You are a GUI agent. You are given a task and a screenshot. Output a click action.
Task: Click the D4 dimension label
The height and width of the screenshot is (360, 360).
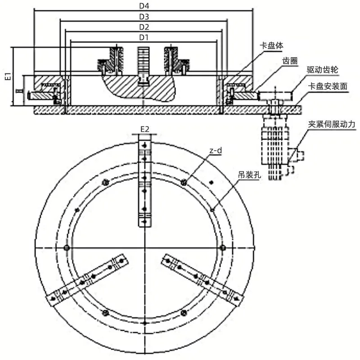(x=144, y=6)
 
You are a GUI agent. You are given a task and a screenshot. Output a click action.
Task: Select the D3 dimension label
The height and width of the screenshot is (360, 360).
(x=144, y=17)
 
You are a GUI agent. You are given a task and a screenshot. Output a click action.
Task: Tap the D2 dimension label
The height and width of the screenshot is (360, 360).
(x=144, y=27)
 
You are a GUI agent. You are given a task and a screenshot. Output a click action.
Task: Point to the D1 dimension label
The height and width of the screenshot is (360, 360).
(x=144, y=37)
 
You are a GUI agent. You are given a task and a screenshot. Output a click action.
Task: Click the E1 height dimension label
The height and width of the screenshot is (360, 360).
(x=8, y=76)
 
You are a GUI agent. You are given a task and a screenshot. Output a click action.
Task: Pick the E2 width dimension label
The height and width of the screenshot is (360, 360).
(x=144, y=129)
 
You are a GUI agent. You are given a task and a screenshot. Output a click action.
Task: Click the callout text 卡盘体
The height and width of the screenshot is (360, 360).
(x=271, y=45)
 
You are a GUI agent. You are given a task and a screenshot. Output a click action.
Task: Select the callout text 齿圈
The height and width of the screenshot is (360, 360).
(x=290, y=61)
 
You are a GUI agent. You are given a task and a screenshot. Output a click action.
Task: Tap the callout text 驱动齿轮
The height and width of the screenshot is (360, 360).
(x=322, y=70)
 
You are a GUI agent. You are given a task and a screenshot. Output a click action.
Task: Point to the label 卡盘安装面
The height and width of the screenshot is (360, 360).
(x=328, y=86)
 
